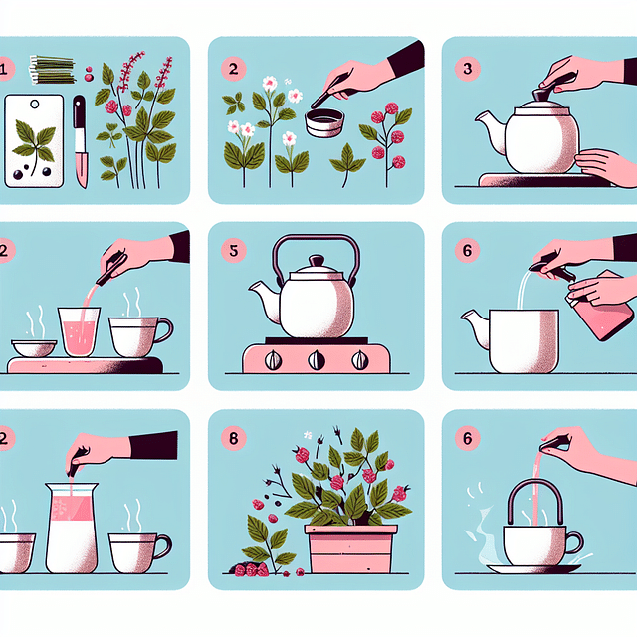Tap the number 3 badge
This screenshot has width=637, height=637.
click(x=468, y=69)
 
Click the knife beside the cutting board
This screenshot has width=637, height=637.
click(x=80, y=139)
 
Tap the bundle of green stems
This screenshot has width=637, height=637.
click(x=53, y=69)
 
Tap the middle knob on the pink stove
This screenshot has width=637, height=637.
click(x=317, y=361)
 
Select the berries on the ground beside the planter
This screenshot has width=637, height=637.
click(x=249, y=568)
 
